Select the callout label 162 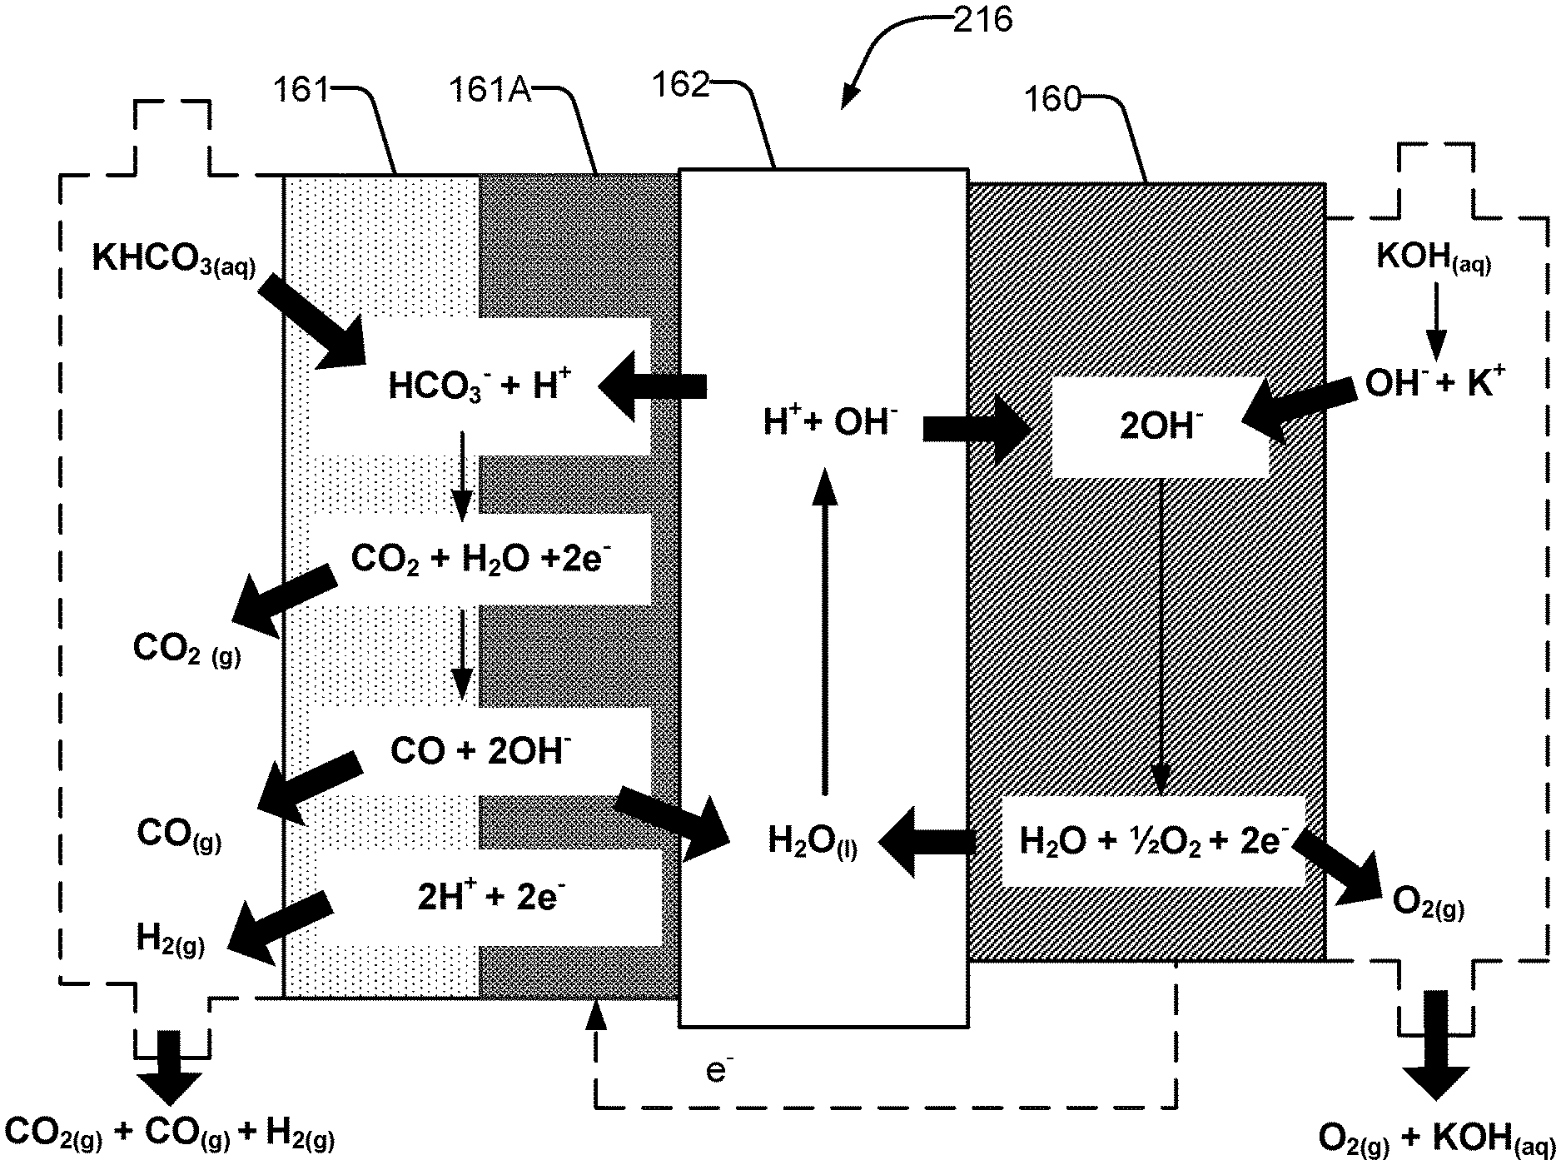681,85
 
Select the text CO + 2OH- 480,751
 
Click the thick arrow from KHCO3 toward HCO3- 311,321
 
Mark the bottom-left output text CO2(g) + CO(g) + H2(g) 169,1137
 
